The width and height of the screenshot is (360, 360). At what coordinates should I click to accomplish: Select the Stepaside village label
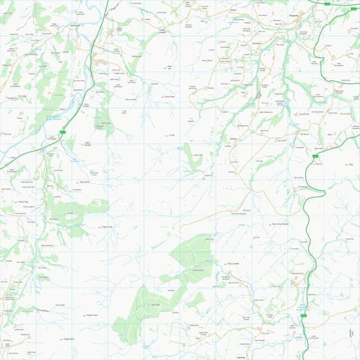tap(294, 16)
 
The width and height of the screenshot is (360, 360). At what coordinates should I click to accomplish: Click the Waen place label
tap(234, 10)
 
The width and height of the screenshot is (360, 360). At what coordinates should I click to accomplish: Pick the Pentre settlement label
tap(234, 138)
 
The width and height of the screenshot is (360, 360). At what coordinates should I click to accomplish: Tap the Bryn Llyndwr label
tap(234, 263)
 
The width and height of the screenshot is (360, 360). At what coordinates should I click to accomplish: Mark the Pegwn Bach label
tap(69, 339)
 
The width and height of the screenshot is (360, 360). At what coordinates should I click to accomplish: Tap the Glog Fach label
tap(319, 164)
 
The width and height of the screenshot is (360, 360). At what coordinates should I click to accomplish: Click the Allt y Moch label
tap(85, 182)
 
